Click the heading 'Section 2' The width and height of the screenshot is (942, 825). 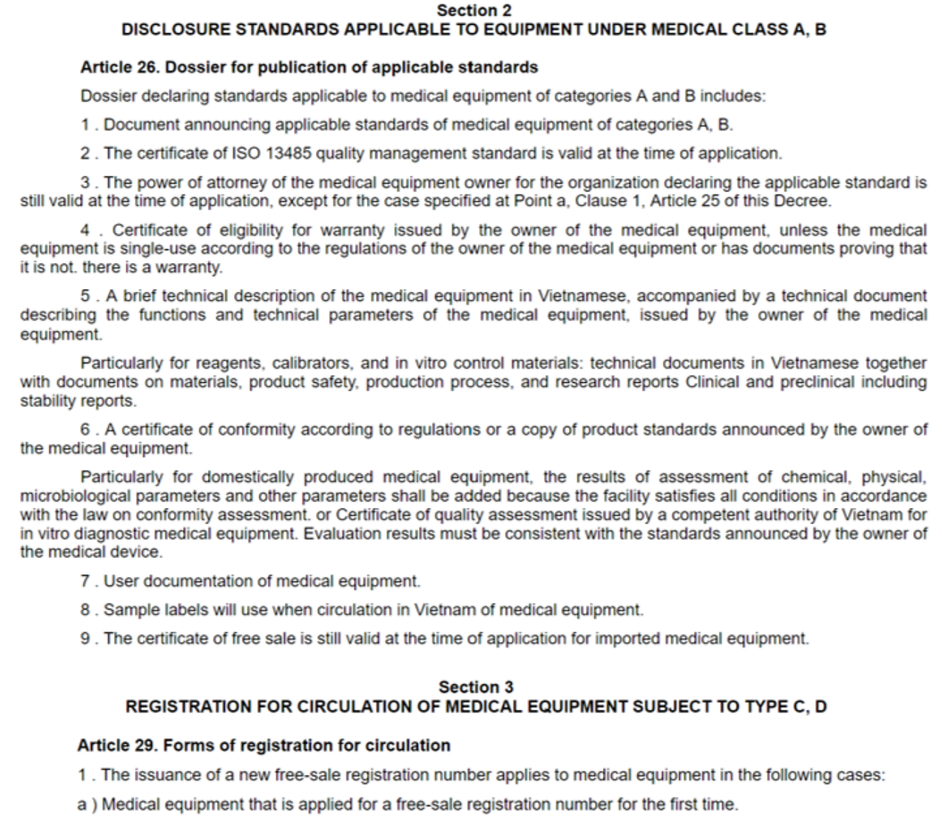point(473,11)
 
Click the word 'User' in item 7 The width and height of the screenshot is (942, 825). point(121,581)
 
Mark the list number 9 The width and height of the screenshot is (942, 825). point(86,639)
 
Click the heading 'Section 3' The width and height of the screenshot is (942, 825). point(476,687)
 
